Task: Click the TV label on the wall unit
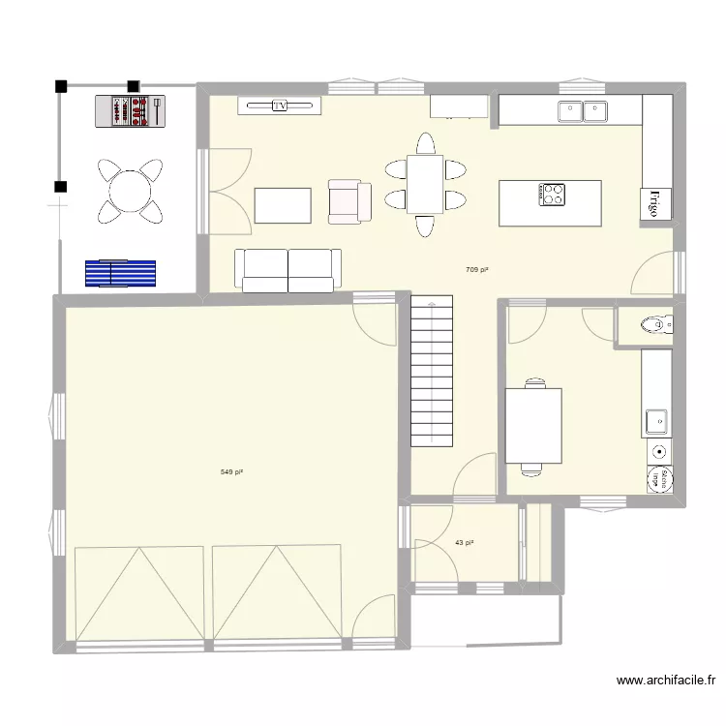coord(280,106)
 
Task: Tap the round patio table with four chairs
coord(128,190)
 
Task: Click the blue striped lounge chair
coord(121,273)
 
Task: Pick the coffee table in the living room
coord(283,205)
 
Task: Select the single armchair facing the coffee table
coord(348,200)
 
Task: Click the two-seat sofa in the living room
coord(288,270)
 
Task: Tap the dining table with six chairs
coord(424,184)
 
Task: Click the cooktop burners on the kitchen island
coord(552,195)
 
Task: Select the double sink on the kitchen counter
coord(582,111)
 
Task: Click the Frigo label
coord(655,204)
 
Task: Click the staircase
coord(432,371)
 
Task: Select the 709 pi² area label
coord(476,270)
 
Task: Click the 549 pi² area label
coord(231,472)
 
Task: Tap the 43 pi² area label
coord(464,543)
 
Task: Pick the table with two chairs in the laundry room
coord(532,427)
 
